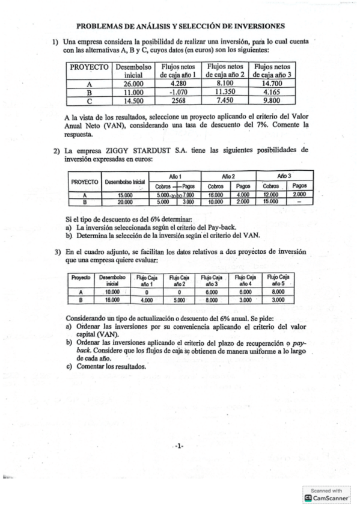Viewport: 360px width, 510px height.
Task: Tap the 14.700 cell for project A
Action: click(x=272, y=84)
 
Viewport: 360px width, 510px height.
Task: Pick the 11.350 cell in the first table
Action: click(x=224, y=93)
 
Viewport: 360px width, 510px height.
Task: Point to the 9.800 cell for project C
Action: click(x=272, y=101)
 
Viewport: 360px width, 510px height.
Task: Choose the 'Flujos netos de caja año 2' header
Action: click(x=224, y=71)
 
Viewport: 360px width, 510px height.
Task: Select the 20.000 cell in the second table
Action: click(x=124, y=202)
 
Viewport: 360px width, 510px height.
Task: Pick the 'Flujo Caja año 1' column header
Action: click(x=145, y=280)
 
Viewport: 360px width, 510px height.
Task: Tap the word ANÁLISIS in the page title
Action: click(x=156, y=26)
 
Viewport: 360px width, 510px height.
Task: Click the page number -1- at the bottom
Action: click(x=179, y=446)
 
